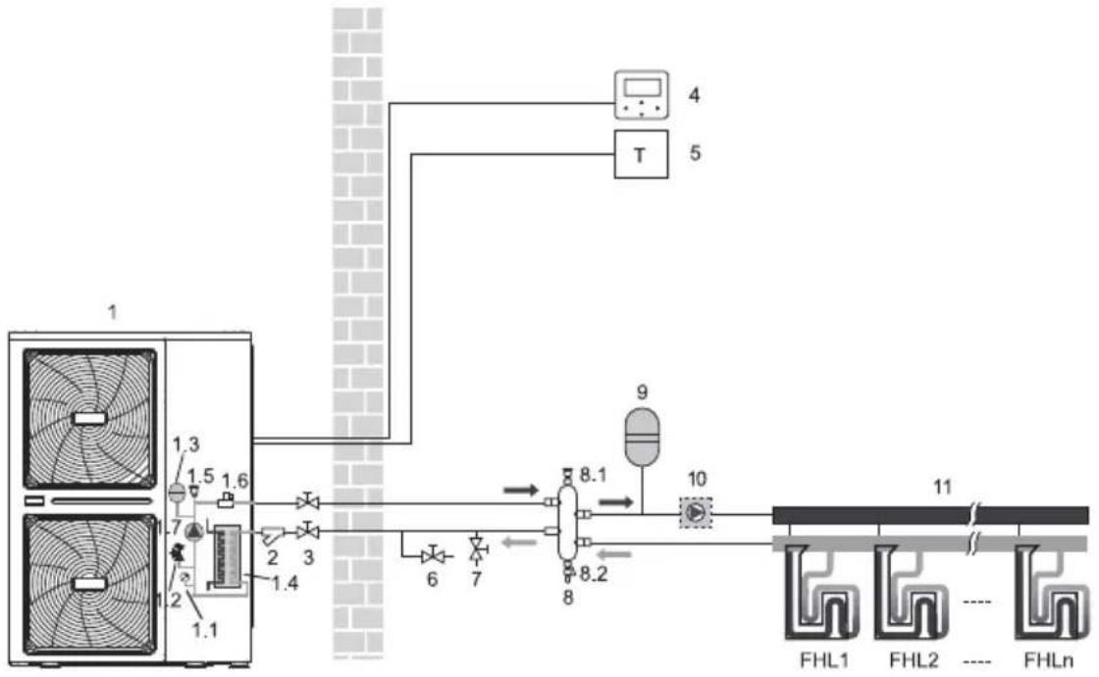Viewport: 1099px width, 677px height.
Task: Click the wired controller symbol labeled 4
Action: [642, 94]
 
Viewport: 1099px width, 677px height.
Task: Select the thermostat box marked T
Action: [642, 154]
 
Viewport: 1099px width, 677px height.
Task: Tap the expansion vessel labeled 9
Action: [642, 437]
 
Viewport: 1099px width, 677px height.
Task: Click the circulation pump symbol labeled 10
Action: [696, 512]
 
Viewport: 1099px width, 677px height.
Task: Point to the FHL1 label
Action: [824, 660]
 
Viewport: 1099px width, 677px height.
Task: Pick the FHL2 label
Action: [914, 660]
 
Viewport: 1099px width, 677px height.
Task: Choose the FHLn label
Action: [1049, 660]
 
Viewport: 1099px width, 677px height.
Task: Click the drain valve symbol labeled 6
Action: [433, 555]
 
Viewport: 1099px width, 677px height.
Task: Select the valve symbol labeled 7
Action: [479, 548]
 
